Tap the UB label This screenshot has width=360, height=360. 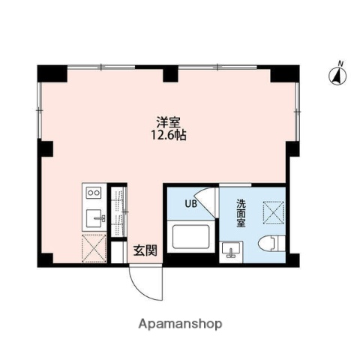191,202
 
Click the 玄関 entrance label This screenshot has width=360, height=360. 145,251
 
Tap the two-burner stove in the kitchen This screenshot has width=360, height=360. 94,193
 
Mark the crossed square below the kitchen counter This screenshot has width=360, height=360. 96,246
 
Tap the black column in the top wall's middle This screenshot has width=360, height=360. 170,73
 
